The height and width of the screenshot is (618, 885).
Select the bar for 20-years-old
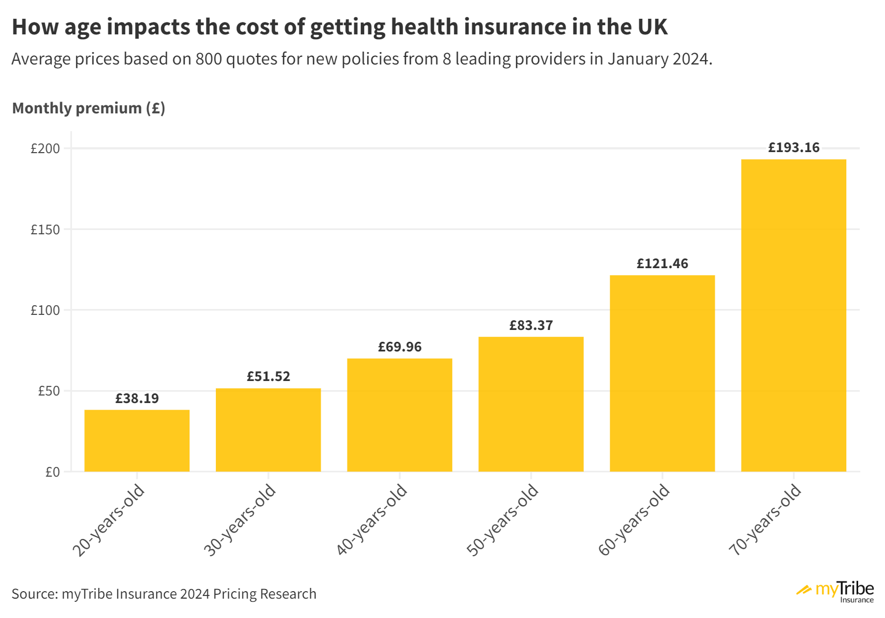point(137,441)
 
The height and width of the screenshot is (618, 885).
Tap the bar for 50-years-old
point(531,404)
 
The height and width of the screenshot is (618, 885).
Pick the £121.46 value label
point(662,264)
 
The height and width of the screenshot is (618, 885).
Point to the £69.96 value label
point(400,347)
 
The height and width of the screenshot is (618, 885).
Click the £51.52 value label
point(269,377)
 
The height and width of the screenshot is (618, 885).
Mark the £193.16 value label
point(793,148)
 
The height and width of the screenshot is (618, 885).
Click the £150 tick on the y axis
point(45,230)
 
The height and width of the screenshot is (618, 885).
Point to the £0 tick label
point(52,472)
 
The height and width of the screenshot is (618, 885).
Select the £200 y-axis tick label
point(45,149)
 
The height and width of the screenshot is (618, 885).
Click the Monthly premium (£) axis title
point(89,109)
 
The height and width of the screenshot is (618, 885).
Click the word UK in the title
point(652,27)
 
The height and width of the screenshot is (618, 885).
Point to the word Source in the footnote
point(34,594)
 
